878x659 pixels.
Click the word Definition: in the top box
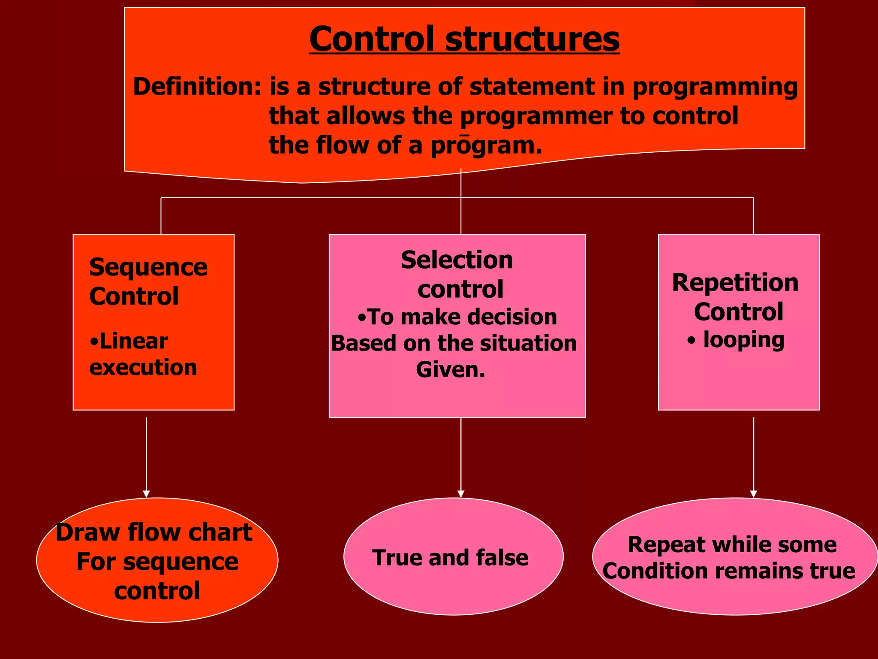click(197, 87)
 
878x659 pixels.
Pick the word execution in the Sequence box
click(143, 368)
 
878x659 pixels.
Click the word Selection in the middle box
click(457, 260)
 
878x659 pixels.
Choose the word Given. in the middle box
click(451, 369)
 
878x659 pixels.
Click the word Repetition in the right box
click(735, 283)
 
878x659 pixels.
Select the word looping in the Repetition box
click(744, 340)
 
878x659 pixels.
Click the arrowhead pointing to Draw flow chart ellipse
click(146, 494)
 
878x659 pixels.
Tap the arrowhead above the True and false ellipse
click(461, 494)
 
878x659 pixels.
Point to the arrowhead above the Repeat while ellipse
click(753, 494)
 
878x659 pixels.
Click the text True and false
click(450, 558)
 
